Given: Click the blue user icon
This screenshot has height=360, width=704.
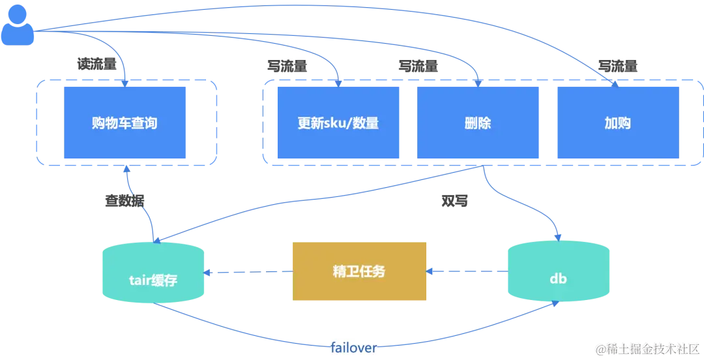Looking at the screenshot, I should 18,25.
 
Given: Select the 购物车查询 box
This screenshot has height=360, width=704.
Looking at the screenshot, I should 125,123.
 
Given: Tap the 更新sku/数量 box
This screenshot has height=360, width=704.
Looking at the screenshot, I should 338,123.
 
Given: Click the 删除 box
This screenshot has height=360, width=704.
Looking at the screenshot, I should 478,123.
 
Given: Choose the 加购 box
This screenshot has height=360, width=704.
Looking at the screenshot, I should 617,123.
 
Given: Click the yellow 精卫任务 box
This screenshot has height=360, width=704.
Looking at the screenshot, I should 359,271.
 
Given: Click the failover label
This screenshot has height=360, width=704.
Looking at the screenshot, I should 354,348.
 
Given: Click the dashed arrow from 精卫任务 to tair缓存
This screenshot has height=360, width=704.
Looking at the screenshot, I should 248,272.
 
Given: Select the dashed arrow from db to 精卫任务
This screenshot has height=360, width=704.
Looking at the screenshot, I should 467,271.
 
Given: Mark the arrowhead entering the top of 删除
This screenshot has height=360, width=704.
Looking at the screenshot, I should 478,82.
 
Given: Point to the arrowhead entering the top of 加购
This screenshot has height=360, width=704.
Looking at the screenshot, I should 615,82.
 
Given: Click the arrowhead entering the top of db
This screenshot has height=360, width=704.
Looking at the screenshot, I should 558,237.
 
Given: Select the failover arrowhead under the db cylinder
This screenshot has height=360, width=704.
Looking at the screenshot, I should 555,305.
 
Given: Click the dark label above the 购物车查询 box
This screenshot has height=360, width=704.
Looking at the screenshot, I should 97,65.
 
